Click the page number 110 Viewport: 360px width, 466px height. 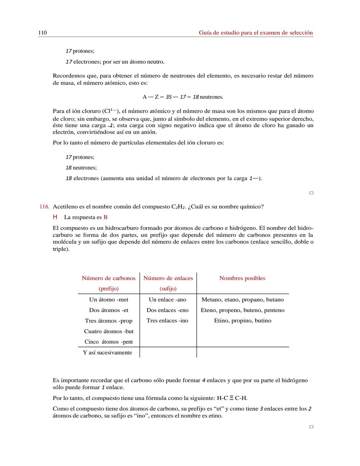42,33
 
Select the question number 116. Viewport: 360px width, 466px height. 44,207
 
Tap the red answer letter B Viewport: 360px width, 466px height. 105,217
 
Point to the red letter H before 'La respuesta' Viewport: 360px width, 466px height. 55,217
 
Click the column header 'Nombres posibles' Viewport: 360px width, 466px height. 242,278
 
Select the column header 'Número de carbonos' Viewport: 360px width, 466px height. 109,278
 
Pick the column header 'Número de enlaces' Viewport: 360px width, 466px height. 168,278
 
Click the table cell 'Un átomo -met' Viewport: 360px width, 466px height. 109,300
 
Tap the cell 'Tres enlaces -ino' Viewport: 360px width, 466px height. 167,321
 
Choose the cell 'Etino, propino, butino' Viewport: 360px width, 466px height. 242,321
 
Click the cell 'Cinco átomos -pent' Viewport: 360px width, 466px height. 109,342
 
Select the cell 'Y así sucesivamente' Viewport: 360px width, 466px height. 107,353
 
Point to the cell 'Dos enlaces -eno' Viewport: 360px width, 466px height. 167,310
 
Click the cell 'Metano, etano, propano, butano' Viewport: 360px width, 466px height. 242,300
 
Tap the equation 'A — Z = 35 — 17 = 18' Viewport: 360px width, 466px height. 183,97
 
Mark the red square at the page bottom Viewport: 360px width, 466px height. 311,427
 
